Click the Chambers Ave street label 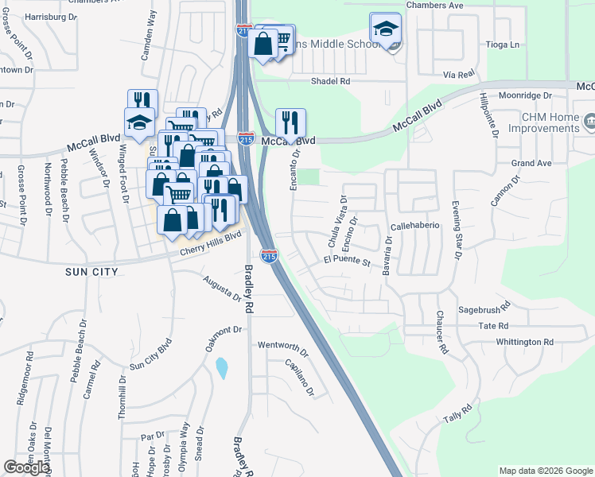[434, 5]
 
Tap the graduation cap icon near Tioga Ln [386, 29]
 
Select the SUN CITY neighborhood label [92, 272]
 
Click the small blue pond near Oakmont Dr [221, 368]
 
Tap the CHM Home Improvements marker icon [589, 122]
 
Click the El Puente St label [348, 261]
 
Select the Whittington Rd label [524, 342]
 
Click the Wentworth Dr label [282, 347]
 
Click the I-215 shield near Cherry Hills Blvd [270, 256]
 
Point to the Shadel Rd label [331, 81]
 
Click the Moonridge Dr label [526, 95]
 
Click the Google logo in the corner [25, 468]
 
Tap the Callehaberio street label [414, 226]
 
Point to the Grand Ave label [531, 163]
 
